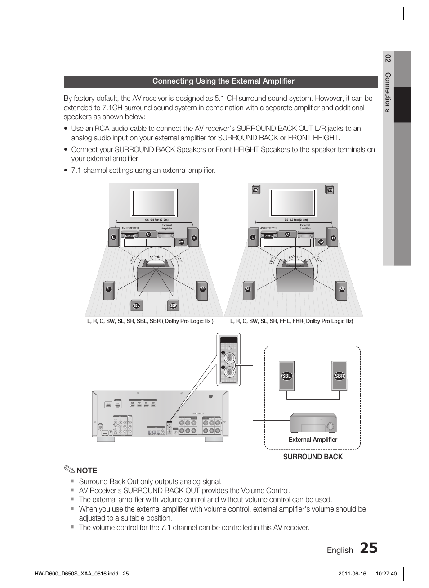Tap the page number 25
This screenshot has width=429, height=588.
pos(368,548)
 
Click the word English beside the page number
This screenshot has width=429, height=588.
pos(340,550)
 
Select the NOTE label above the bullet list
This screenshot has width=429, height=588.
pos(86,471)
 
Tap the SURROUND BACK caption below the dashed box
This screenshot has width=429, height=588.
pos(313,457)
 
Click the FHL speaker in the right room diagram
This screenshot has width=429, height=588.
pos(255,190)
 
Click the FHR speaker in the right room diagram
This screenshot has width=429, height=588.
pos(330,190)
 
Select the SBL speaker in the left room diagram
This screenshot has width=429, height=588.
pos(136,305)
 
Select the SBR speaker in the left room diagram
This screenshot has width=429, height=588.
pos(173,305)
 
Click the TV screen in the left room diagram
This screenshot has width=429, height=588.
pos(153,203)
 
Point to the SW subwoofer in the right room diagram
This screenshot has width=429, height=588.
pos(321,242)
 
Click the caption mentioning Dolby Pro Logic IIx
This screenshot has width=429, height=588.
pos(150,321)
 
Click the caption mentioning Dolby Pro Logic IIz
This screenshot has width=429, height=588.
pos(291,321)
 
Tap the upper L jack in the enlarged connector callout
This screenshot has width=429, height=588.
pos(230,359)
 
